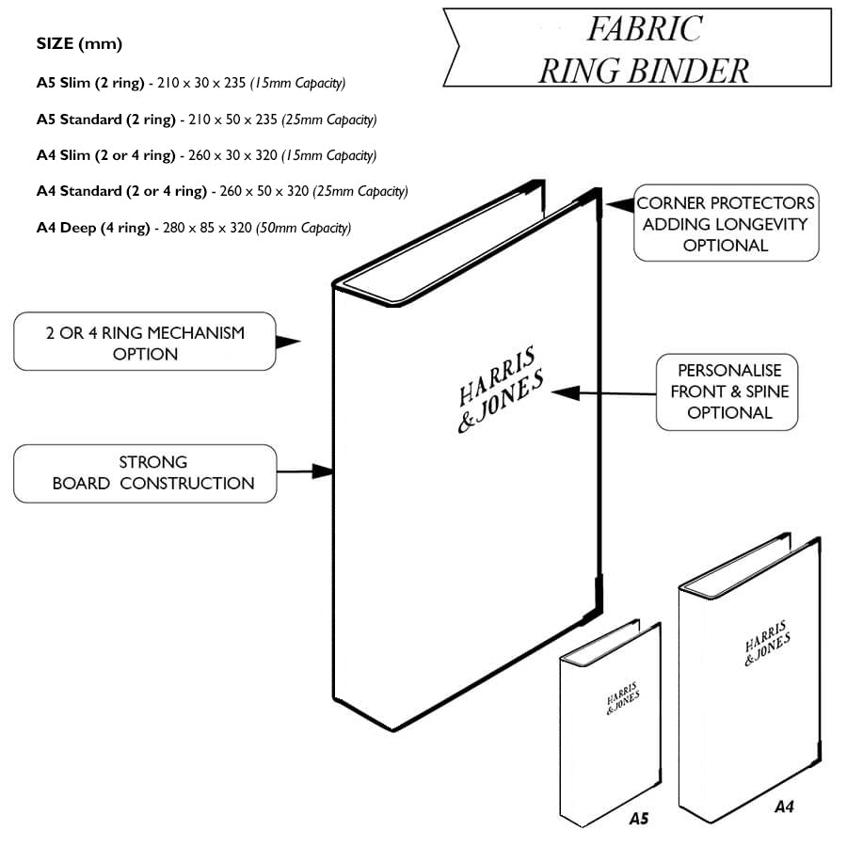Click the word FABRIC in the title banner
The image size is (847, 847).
pyautogui.click(x=644, y=29)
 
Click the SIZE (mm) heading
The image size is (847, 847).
pyautogui.click(x=79, y=44)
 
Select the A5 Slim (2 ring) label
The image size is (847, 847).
pyautogui.click(x=90, y=83)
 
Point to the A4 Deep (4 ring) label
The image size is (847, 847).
pyautogui.click(x=93, y=228)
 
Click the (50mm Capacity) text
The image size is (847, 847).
pyautogui.click(x=303, y=228)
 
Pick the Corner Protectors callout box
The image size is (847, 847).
pyautogui.click(x=726, y=224)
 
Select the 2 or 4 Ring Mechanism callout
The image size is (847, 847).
pyautogui.click(x=145, y=344)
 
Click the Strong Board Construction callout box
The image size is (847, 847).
pyautogui.click(x=145, y=472)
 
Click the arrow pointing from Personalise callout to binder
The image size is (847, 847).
pyautogui.click(x=602, y=392)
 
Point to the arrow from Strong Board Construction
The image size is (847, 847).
pyautogui.click(x=306, y=470)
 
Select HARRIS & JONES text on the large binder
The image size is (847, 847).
pyautogui.click(x=499, y=389)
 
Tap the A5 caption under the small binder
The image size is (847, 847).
pyautogui.click(x=638, y=818)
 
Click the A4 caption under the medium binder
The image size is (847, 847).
pyautogui.click(x=784, y=807)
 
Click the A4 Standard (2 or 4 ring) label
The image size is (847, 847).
pyautogui.click(x=121, y=191)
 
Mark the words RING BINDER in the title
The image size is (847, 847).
pyautogui.click(x=644, y=70)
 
